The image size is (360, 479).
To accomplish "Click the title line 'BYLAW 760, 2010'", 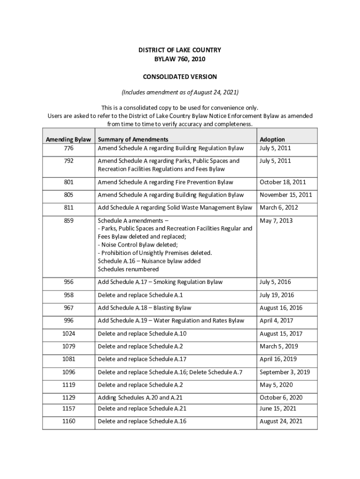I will tap(180, 59).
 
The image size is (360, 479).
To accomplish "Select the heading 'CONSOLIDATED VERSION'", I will tap(180, 77).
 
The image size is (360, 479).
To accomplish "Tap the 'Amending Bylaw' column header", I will tap(68, 139).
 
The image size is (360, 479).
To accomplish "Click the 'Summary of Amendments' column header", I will tap(133, 139).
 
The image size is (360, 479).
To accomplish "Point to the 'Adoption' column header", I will tap(272, 139).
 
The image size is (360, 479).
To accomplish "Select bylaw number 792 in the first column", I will tap(68, 161).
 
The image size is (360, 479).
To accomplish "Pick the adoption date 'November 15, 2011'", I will tap(286, 195).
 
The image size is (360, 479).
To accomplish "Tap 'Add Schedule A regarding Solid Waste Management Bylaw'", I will tap(174, 208).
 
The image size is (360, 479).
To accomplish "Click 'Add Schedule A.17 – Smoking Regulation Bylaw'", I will tap(160, 282).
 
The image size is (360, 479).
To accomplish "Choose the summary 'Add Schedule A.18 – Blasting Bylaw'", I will tap(144, 308).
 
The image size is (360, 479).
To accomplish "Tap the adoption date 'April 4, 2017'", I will tap(276, 321).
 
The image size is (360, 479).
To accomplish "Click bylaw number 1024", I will tap(68, 334).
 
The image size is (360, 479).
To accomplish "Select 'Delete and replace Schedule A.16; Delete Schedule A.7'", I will tap(170, 372).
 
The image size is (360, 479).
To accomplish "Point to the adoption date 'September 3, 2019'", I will tap(285, 372).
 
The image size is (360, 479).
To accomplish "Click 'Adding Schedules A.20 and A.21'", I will tap(140, 398).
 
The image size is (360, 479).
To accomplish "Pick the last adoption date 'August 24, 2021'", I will tap(281, 421).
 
